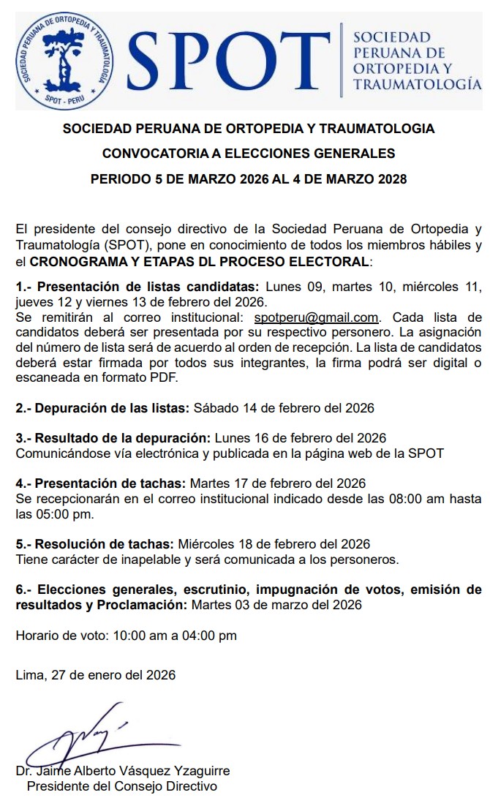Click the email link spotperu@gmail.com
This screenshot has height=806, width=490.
tap(316, 317)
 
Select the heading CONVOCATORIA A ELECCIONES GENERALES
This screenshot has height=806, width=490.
tap(249, 154)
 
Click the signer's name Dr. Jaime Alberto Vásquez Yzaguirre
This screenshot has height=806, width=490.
tap(123, 771)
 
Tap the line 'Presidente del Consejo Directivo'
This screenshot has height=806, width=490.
tap(122, 786)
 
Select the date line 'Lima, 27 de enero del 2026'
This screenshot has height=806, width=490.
tap(96, 675)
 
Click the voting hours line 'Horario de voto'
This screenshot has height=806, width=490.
tap(127, 636)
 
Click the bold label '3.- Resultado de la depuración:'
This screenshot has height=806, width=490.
tap(113, 437)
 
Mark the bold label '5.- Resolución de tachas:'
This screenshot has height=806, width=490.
tap(95, 544)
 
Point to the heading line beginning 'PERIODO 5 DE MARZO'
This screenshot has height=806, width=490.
tap(249, 179)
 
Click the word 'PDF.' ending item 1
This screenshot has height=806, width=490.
tap(163, 377)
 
